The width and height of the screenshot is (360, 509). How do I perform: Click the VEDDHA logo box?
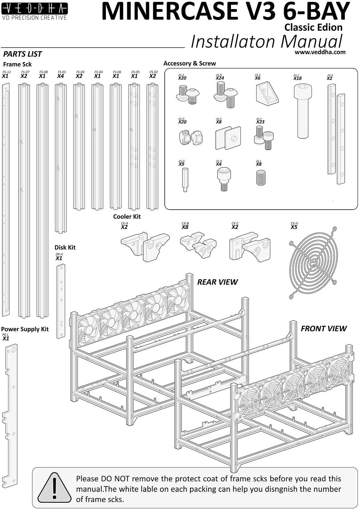pos(34,8)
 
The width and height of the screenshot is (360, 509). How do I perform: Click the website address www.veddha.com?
pos(320,52)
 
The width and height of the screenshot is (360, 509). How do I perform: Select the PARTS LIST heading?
pos(22,54)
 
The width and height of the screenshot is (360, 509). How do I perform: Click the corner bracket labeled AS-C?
pos(267,93)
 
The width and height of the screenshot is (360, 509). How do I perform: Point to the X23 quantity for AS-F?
pos(260,122)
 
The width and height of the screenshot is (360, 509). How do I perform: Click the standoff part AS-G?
pos(185,179)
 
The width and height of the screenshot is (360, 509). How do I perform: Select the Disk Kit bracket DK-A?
pos(61,301)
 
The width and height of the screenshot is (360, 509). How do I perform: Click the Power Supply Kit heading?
pos(25,329)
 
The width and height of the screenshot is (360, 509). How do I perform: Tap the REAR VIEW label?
pos(217,282)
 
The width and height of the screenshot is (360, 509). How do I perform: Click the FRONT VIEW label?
pos(324,329)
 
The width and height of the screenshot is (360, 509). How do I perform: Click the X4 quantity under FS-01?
pos(61,76)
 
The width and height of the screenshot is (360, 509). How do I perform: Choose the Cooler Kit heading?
pos(127,217)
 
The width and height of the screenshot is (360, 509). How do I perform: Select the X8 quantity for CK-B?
pos(185,227)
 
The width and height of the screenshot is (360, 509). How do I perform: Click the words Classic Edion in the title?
pos(313,27)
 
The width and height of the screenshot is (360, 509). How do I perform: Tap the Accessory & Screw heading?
pos(190,63)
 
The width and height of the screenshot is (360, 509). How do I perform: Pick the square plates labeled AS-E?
pos(228,137)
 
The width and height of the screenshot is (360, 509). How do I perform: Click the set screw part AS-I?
pos(260,177)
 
